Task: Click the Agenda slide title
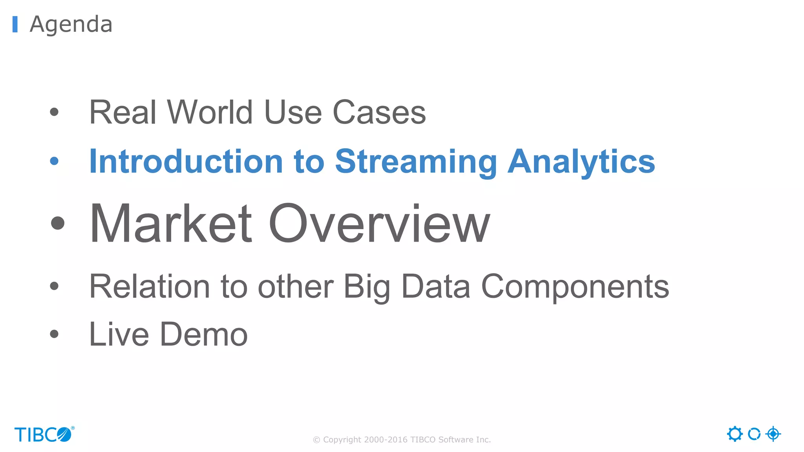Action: tap(71, 24)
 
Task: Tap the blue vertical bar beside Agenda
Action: tap(15, 24)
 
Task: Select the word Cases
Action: tap(379, 112)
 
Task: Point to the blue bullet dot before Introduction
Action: tap(54, 161)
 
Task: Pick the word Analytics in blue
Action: tap(581, 162)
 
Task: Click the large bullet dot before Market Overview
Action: tap(58, 223)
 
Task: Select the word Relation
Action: tap(150, 287)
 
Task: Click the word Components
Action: tap(575, 287)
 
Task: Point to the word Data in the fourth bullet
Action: tap(435, 287)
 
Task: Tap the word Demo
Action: tap(204, 334)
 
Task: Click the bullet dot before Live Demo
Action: tap(54, 334)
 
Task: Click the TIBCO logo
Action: tap(44, 434)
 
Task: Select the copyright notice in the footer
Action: tap(402, 440)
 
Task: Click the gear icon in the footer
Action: tap(735, 434)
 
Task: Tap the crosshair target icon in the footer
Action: tap(773, 434)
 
